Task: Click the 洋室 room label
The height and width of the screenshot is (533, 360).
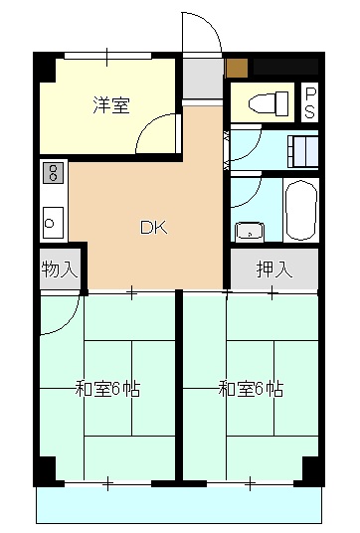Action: (x=112, y=104)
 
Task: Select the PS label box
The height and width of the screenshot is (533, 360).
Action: (x=310, y=101)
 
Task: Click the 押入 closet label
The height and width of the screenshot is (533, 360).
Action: (x=273, y=267)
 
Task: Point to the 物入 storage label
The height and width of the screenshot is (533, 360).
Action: (x=59, y=267)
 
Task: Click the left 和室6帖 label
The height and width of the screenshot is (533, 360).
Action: (x=107, y=388)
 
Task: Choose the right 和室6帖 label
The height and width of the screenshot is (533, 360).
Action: (x=251, y=388)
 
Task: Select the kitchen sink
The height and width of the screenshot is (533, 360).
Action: (x=53, y=219)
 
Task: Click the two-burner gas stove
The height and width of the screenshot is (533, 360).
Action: (x=53, y=175)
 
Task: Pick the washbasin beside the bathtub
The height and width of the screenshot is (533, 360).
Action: (x=248, y=232)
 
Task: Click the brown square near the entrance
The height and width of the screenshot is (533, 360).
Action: (x=236, y=68)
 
